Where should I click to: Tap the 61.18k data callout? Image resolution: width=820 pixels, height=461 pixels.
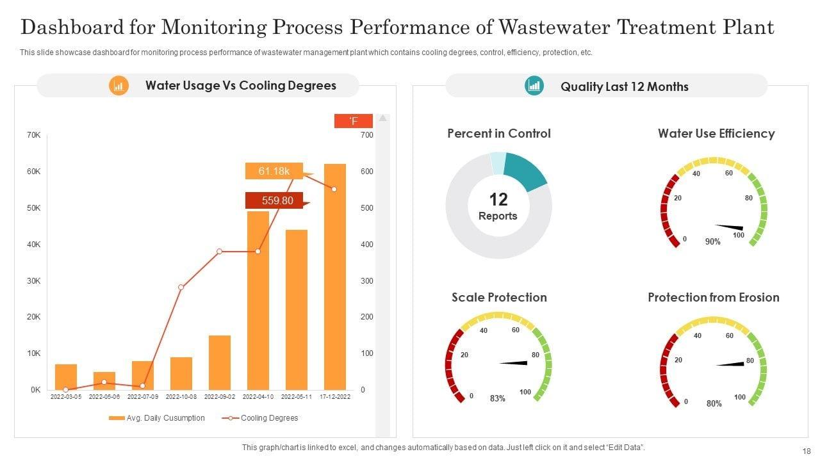tap(274, 171)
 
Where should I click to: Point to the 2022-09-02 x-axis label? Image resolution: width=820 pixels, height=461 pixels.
tap(220, 397)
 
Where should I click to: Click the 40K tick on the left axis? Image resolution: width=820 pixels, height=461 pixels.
tap(34, 245)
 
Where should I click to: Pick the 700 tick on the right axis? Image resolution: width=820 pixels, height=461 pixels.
tap(366, 135)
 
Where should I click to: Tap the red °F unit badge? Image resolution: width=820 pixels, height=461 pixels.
tap(353, 121)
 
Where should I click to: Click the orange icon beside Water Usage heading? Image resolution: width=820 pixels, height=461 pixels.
tap(119, 86)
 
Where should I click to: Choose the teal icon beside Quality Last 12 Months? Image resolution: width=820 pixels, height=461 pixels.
tap(534, 86)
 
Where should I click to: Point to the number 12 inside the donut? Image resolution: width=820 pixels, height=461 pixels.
tap(498, 199)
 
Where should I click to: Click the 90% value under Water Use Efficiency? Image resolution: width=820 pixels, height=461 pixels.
tap(713, 242)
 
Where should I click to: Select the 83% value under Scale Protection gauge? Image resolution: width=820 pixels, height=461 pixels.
tap(498, 398)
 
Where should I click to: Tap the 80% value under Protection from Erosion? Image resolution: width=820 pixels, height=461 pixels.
tap(714, 403)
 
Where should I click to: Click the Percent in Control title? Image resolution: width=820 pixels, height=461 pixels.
tap(498, 133)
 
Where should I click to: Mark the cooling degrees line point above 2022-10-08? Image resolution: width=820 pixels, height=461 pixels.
tap(181, 287)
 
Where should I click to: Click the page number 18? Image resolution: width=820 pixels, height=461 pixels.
tap(805, 451)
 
